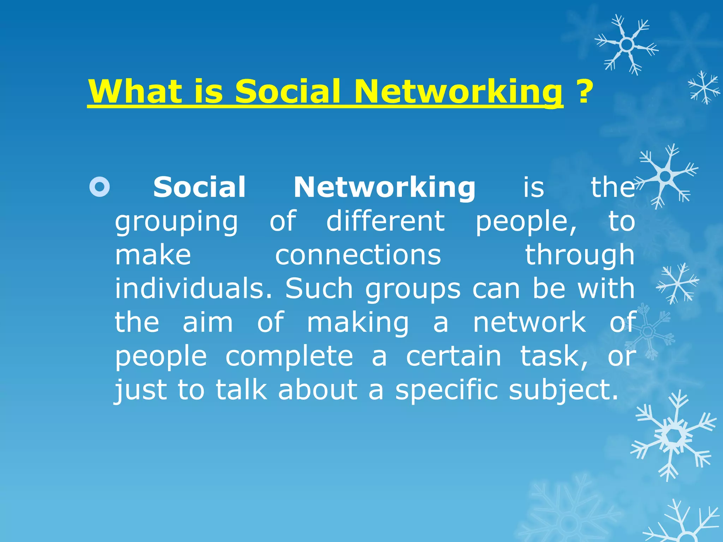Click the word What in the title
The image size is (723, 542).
click(x=135, y=91)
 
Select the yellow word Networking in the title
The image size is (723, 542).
click(x=458, y=91)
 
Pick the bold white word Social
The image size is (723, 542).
click(x=199, y=187)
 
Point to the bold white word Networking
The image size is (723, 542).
click(x=384, y=187)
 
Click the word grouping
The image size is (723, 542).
click(x=177, y=222)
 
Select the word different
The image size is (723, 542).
click(x=385, y=221)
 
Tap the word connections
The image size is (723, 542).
click(x=358, y=255)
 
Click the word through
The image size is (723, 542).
click(x=580, y=255)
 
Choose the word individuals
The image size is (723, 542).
click(x=193, y=288)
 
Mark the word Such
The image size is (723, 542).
click(x=319, y=288)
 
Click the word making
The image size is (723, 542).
click(x=358, y=323)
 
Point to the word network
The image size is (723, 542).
click(x=529, y=322)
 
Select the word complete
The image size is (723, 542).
click(x=289, y=356)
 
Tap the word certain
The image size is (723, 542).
click(x=453, y=356)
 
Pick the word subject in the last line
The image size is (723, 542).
click(x=563, y=390)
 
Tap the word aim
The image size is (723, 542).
click(x=208, y=322)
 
